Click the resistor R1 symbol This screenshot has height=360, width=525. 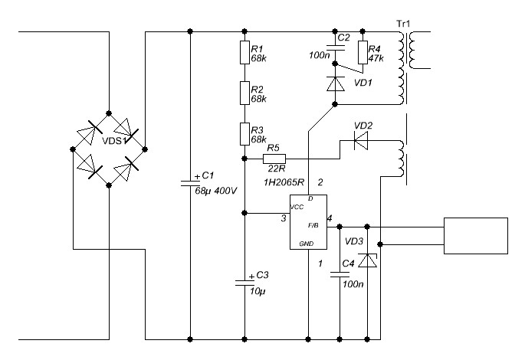click(244, 52)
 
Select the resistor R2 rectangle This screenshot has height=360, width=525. click(244, 93)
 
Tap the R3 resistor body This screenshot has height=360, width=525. click(244, 134)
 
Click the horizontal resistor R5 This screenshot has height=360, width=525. click(274, 159)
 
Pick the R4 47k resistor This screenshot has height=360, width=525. click(363, 52)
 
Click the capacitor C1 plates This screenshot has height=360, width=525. click(190, 182)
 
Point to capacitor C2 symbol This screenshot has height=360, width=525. click(335, 47)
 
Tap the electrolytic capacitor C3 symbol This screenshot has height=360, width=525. click(244, 283)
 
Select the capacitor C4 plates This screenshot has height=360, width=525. click(340, 275)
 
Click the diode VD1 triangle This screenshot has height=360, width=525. click(335, 84)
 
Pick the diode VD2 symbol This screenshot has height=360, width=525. click(361, 141)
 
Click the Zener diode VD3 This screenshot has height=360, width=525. click(367, 260)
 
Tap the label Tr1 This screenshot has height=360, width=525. click(403, 24)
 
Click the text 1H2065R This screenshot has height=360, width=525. click(284, 182)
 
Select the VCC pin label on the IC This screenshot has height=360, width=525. click(297, 207)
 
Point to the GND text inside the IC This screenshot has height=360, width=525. click(307, 244)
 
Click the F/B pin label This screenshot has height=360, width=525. click(313, 225)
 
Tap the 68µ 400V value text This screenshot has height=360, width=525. click(216, 191)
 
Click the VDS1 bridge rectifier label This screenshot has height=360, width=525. click(115, 141)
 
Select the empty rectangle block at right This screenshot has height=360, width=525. click(476, 236)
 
